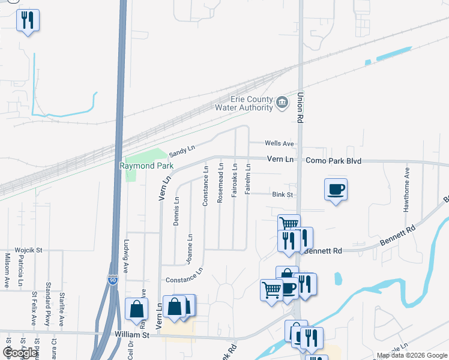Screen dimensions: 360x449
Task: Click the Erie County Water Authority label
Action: pos(243,104)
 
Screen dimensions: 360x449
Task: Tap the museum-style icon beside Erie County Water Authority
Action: pos(282,103)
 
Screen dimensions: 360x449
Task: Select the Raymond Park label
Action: pos(146,166)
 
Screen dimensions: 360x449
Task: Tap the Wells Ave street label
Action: pos(280,144)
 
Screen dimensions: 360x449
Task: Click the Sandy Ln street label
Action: pos(182,149)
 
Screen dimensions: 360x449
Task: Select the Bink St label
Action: pos(282,194)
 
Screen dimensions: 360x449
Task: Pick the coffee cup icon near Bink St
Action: pos(336,190)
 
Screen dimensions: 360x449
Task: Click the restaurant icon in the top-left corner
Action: pos(28,20)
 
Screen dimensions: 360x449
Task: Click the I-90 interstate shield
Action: pos(113,280)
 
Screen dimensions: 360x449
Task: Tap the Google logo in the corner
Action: pos(20,353)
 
